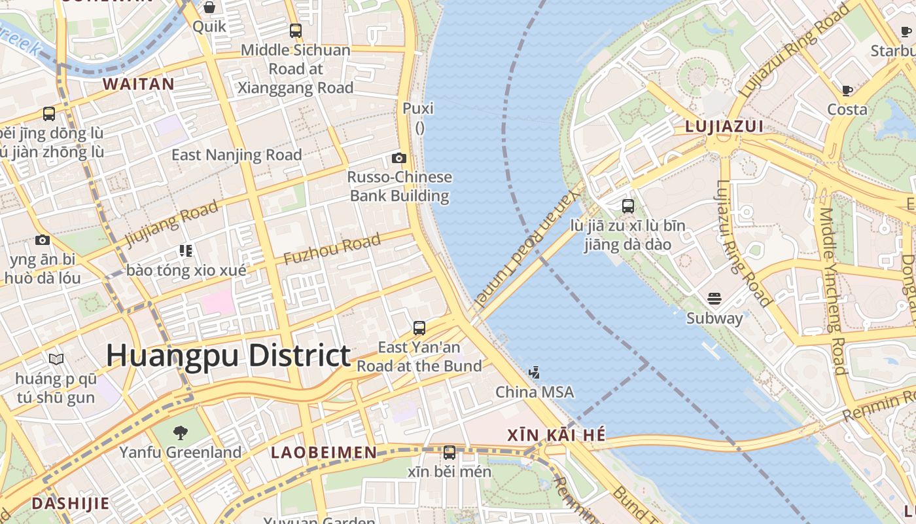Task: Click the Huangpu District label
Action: (228, 356)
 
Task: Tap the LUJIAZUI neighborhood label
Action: (724, 127)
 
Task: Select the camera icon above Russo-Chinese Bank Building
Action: (398, 158)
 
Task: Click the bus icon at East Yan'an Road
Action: (419, 327)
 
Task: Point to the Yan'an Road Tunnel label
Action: (527, 249)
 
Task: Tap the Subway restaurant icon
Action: (714, 299)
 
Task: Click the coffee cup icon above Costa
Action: (847, 90)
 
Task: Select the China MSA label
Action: (535, 392)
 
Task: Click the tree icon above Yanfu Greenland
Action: (181, 432)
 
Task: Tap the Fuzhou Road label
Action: (332, 250)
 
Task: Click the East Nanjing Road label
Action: (236, 155)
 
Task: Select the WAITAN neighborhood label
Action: (139, 84)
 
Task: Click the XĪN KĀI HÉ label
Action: (556, 435)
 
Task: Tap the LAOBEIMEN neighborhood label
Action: (324, 453)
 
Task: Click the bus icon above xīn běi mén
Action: (449, 452)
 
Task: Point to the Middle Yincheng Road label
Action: (832, 291)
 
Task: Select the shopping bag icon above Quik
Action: (209, 7)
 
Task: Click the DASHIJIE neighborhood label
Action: (70, 503)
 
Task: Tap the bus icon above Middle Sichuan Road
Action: (296, 30)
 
